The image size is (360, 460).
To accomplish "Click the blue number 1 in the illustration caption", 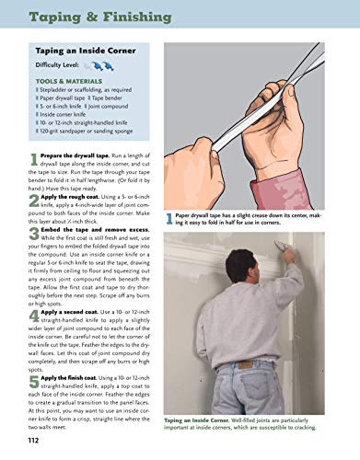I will tap(169, 217).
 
